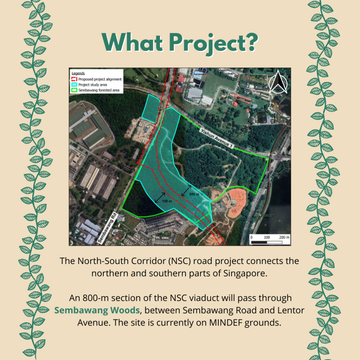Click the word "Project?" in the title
click(x=213, y=43)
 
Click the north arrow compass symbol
click(x=278, y=82)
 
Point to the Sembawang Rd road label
click(x=108, y=227)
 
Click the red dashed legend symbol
click(x=74, y=79)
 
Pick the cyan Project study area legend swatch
click(x=74, y=85)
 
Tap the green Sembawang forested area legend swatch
click(x=74, y=90)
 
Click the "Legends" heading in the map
click(x=78, y=73)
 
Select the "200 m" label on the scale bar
click(x=284, y=237)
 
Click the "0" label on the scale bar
click(x=251, y=237)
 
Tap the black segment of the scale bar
click(x=259, y=242)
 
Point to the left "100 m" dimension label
click(x=167, y=201)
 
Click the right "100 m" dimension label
click(x=194, y=194)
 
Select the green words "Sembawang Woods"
click(x=97, y=310)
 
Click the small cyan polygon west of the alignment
click(x=150, y=108)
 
